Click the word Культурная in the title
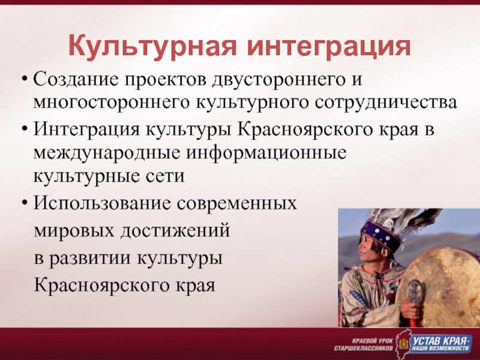[x=152, y=46]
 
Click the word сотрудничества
[x=386, y=103]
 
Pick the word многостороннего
[x=110, y=103]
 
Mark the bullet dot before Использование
[x=25, y=203]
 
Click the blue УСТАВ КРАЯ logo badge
[x=441, y=344]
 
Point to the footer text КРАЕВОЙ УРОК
[x=372, y=341]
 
